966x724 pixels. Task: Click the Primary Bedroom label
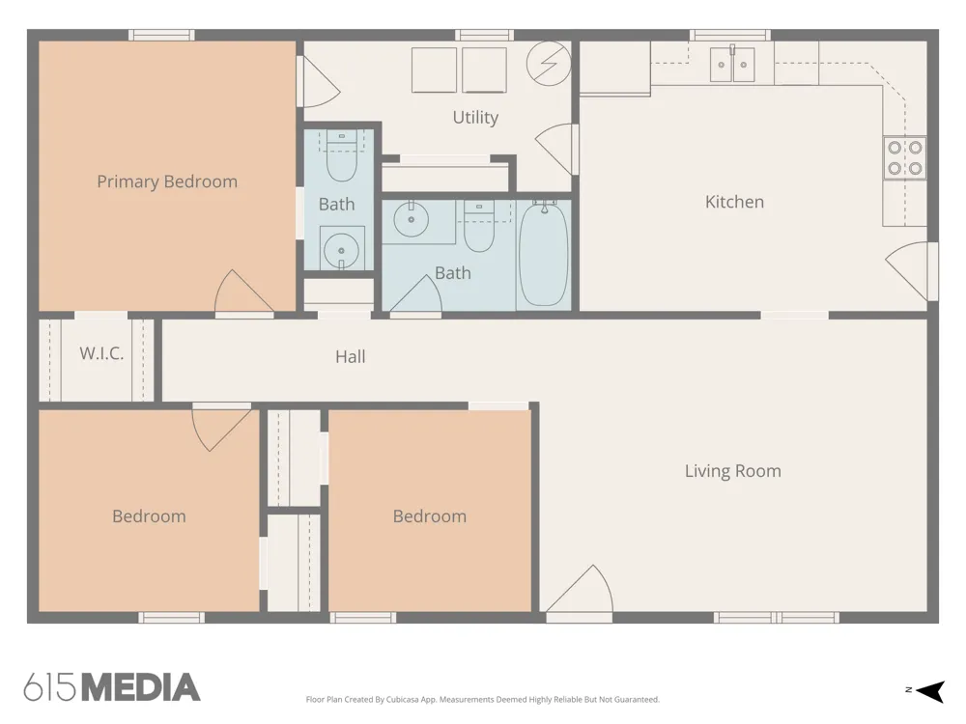click(167, 181)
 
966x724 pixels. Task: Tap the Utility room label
click(475, 117)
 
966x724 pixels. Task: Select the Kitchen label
click(734, 202)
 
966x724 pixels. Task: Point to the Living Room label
click(733, 471)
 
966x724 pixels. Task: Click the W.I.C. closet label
click(101, 353)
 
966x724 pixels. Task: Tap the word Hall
click(351, 356)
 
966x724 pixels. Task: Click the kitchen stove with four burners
click(905, 157)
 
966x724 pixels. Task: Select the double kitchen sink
click(732, 64)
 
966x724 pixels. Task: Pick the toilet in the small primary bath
click(341, 156)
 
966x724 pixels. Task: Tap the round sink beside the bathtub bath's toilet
click(411, 219)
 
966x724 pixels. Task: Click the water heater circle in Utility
click(549, 64)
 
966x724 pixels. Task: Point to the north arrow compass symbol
click(926, 691)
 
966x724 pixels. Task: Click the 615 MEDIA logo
click(112, 687)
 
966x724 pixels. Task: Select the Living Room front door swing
click(579, 589)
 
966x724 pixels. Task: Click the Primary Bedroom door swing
click(244, 292)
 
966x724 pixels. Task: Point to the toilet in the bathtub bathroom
click(479, 226)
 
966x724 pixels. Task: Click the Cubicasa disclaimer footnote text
click(482, 699)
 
